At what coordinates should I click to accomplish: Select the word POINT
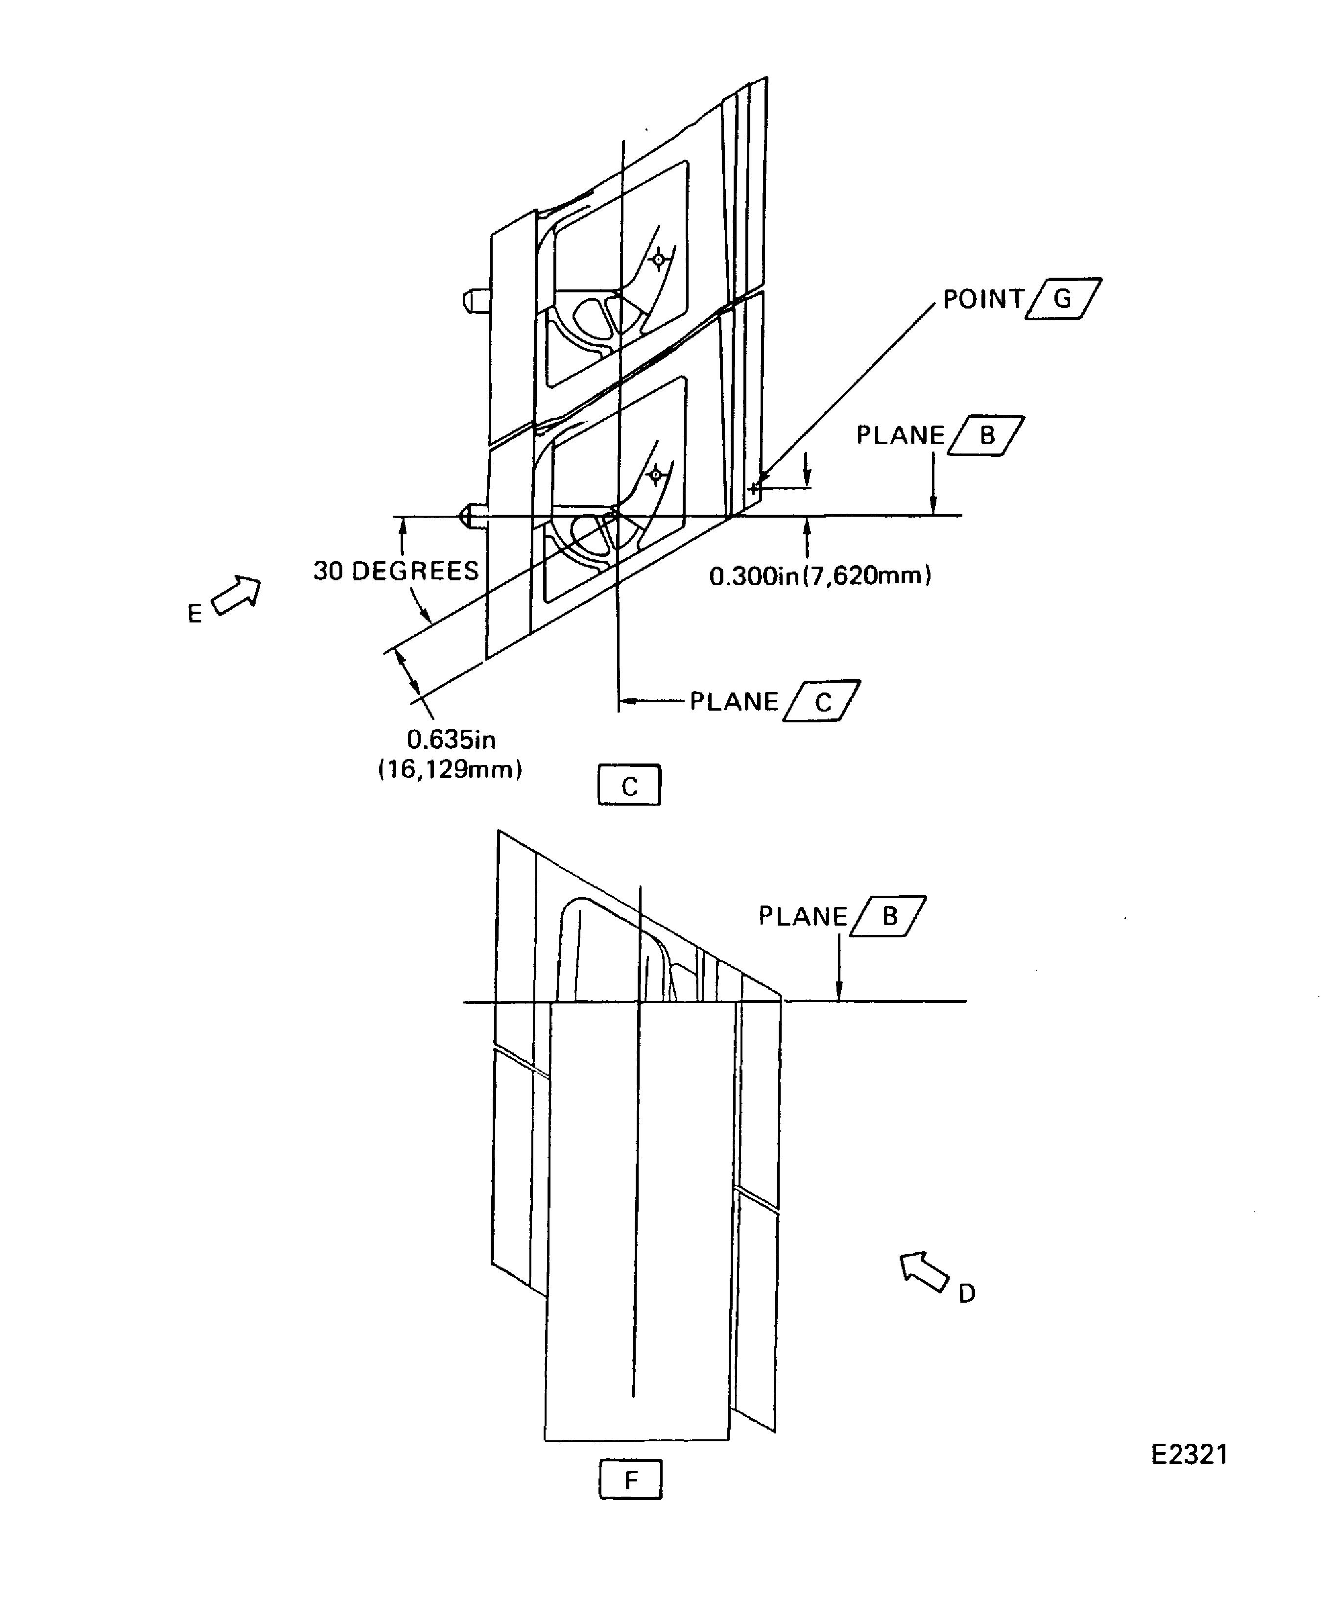(x=983, y=299)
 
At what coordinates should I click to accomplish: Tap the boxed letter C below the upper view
(x=629, y=786)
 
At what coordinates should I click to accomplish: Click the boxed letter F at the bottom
(x=630, y=1480)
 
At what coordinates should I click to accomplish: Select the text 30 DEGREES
(x=396, y=571)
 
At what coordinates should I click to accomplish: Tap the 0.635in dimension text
(x=451, y=739)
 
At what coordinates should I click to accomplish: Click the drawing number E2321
(x=1190, y=1454)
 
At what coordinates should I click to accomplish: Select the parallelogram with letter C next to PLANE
(x=822, y=701)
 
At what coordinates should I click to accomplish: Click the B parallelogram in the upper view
(x=986, y=435)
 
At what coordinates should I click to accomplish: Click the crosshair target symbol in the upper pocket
(x=659, y=260)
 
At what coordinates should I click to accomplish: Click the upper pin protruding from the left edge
(x=475, y=300)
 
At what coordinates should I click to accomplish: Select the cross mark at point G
(x=753, y=488)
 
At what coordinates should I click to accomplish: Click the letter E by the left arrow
(x=195, y=613)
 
